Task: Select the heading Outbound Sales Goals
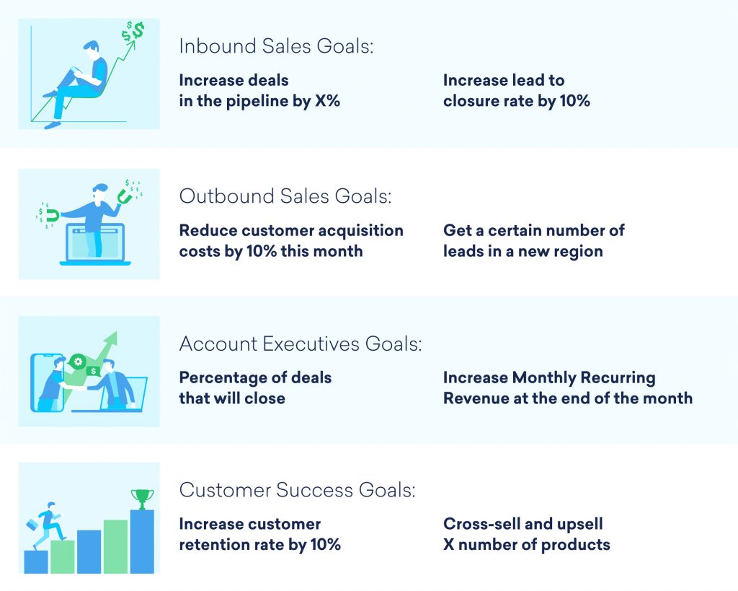coord(285,196)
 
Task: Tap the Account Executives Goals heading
coord(300,344)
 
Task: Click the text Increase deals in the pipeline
coord(259,90)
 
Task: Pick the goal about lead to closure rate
coord(516,90)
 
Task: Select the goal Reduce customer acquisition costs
coord(291,240)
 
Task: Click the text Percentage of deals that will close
coord(255,388)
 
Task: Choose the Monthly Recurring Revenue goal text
coord(567,388)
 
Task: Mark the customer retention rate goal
coord(259,534)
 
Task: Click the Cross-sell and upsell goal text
coord(526,534)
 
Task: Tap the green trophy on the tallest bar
coord(142,497)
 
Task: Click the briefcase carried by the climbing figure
coord(33,525)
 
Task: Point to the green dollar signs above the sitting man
coord(133,31)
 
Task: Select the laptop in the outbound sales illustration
coord(94,244)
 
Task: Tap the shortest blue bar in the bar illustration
coord(36,561)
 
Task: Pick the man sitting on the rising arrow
coord(81,79)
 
